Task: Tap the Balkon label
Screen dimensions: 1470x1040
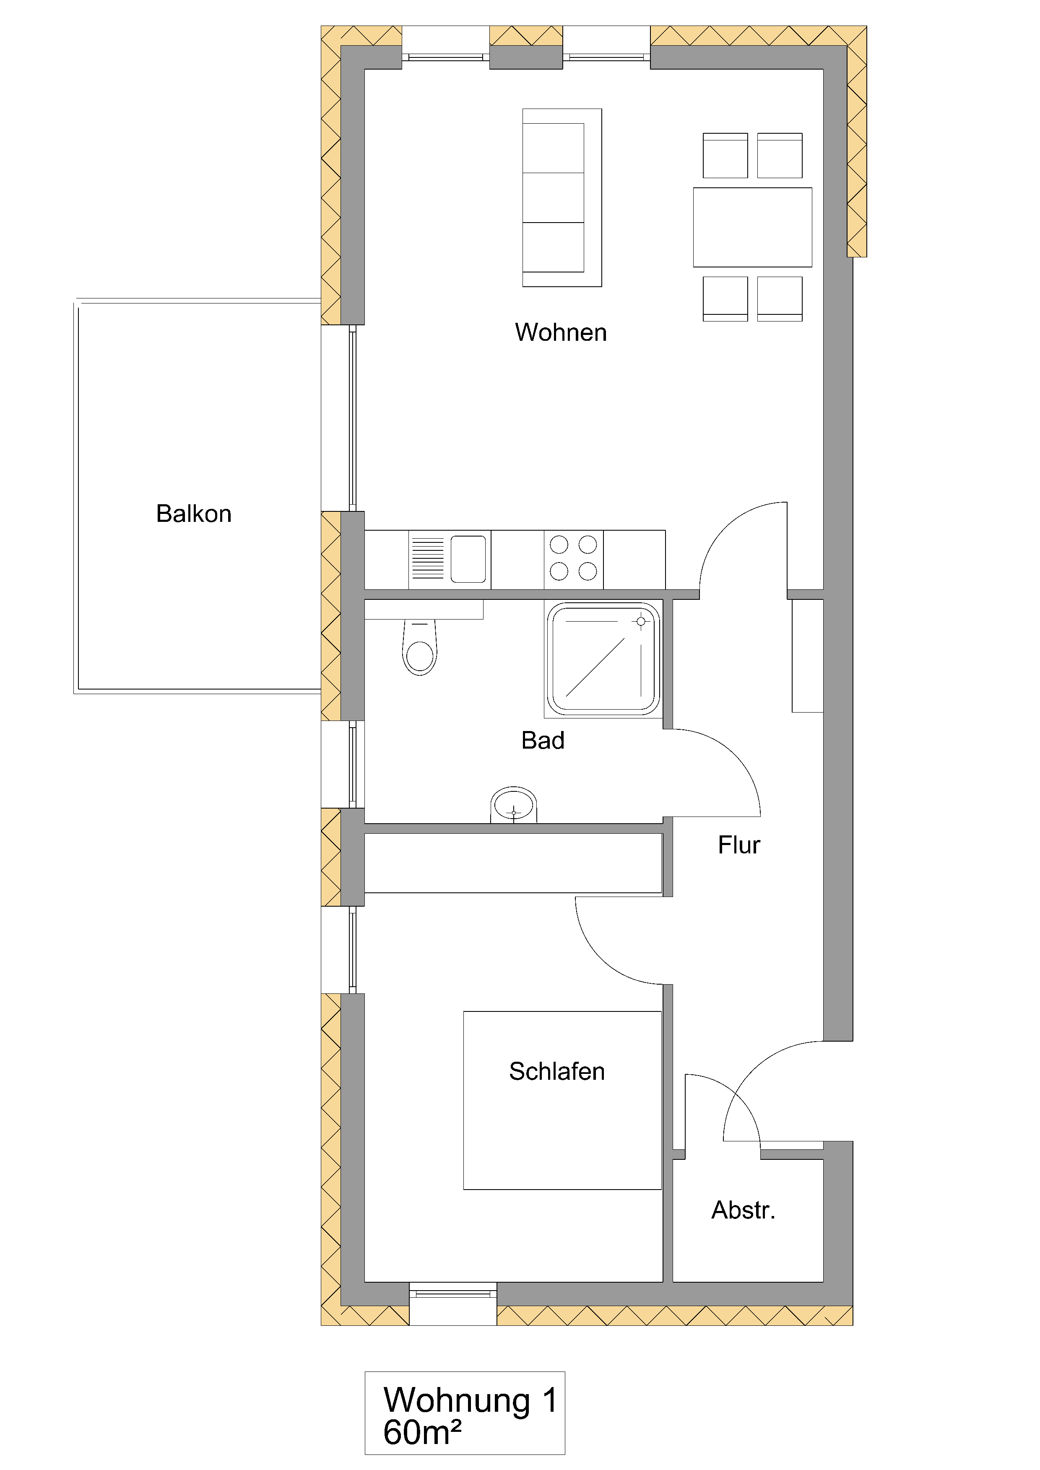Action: (193, 513)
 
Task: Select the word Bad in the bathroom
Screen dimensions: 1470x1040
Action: (542, 740)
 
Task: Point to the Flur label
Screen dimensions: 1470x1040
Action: (738, 845)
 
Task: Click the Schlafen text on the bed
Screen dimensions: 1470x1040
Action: (556, 1071)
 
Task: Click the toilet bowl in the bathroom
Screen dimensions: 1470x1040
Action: (419, 653)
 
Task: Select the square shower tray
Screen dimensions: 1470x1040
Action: (603, 659)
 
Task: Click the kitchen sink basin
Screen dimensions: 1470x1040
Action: (468, 559)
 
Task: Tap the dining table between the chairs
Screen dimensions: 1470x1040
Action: (752, 227)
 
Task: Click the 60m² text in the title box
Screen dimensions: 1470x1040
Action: (421, 1432)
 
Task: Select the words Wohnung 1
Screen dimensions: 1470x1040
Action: (469, 1400)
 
